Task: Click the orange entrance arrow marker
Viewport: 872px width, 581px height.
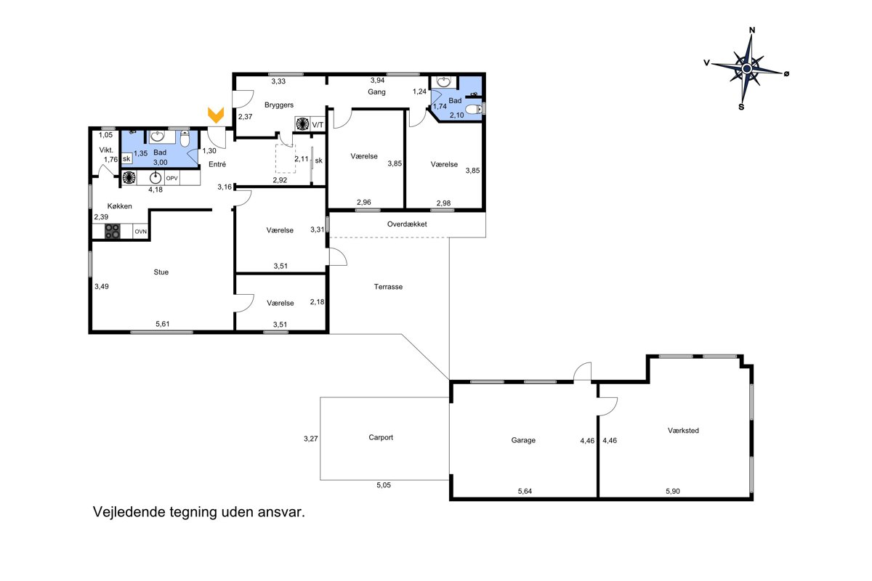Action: [x=216, y=115]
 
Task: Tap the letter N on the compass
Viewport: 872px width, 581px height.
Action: [x=752, y=31]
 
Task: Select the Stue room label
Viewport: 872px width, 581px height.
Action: [x=161, y=272]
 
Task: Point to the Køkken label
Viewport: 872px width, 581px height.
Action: [x=119, y=206]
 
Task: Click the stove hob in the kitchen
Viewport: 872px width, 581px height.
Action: [x=113, y=231]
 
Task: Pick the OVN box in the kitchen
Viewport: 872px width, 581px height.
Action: [x=140, y=232]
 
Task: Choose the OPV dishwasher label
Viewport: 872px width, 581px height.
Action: [x=171, y=178]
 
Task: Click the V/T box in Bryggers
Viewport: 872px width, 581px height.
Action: [x=318, y=125]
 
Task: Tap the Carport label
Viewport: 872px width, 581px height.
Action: [x=381, y=437]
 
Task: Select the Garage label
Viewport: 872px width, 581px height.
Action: [x=523, y=440]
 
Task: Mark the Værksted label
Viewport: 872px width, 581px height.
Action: [x=683, y=431]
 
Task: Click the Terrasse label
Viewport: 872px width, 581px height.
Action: [x=388, y=287]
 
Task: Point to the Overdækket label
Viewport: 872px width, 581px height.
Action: [x=407, y=224]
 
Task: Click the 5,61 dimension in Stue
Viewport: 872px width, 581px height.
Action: [x=162, y=324]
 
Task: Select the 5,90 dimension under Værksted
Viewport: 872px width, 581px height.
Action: [x=673, y=491]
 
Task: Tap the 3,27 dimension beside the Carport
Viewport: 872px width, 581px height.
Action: [x=311, y=439]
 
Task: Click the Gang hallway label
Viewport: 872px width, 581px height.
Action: [x=376, y=92]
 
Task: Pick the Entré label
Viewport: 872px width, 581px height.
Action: [x=217, y=164]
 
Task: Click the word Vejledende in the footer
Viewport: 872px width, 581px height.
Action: [x=129, y=512]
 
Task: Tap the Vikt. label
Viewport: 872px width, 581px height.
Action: [x=106, y=150]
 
